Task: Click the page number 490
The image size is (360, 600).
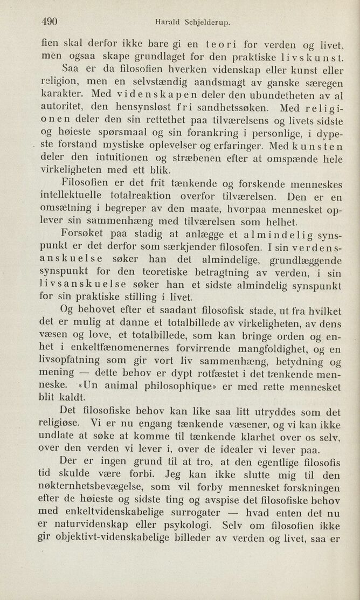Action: pos(50,22)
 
